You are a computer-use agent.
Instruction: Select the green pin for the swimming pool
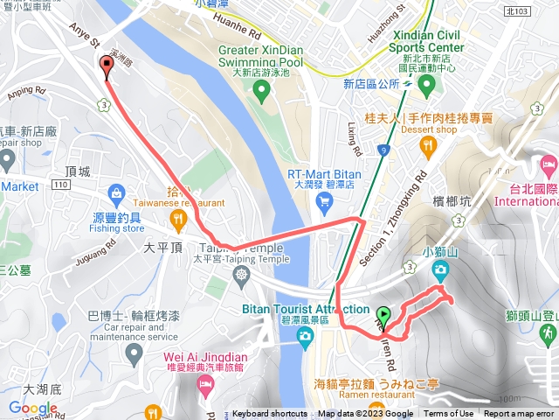259,92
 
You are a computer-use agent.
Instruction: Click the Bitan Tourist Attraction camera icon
304,336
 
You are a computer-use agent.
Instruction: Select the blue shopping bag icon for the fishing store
115,192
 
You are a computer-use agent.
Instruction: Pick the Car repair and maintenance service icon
133,354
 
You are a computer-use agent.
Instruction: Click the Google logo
33,408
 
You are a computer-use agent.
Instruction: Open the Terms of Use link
449,414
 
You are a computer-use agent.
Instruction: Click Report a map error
519,414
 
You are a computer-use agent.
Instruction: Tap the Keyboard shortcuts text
269,414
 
